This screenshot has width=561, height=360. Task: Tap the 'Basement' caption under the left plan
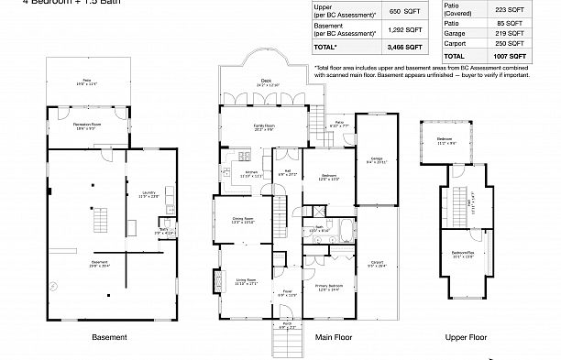click(x=109, y=337)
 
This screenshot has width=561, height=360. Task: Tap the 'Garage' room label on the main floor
click(x=376, y=158)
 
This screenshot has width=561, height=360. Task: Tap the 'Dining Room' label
click(x=243, y=219)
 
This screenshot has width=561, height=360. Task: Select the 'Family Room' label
click(x=267, y=127)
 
